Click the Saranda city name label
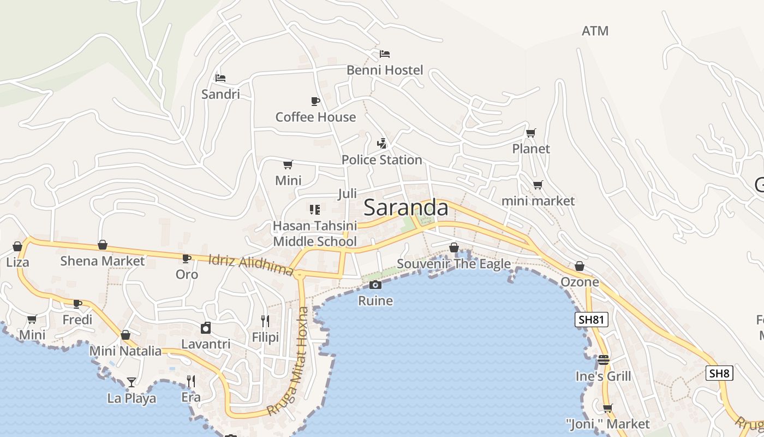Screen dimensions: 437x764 [x=405, y=208]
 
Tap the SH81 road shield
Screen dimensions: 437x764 [x=592, y=320]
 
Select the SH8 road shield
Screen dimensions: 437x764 [x=719, y=374]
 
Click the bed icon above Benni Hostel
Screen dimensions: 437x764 [x=385, y=54]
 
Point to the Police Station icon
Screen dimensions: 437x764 [x=382, y=144]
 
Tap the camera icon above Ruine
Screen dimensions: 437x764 [x=375, y=285]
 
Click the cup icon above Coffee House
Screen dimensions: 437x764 [x=315, y=101]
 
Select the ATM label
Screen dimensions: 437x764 [x=595, y=31]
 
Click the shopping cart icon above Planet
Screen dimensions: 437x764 [x=530, y=133]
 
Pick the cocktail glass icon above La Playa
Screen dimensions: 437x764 [x=132, y=382]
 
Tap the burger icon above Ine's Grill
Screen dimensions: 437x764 [x=603, y=360]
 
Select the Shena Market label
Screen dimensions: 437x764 [x=103, y=261]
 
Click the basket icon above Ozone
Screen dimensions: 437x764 [x=580, y=266]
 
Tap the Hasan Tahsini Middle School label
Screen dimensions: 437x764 [x=315, y=233]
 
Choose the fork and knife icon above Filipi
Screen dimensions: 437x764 [x=265, y=321]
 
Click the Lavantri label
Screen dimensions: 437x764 [x=206, y=344]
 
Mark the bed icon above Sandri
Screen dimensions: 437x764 [x=220, y=78]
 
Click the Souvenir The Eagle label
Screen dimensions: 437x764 [x=453, y=264]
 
